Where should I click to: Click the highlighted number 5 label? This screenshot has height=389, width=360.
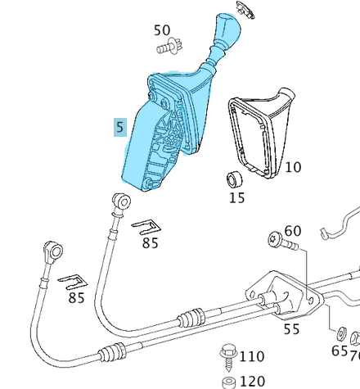point(120,127)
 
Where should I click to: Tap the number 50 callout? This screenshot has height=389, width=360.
point(163,31)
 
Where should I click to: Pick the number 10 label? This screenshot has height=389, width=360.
point(292,167)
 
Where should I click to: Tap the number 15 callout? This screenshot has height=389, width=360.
point(236,197)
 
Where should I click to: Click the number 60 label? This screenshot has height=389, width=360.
point(292,232)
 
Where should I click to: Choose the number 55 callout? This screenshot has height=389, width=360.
point(291,329)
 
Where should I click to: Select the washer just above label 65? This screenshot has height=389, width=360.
point(339,333)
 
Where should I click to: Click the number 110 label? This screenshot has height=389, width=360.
point(252,356)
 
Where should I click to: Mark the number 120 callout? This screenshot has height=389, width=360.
point(252,381)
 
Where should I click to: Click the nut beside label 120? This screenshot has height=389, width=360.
point(230,382)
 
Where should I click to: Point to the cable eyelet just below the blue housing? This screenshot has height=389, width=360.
point(119,200)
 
